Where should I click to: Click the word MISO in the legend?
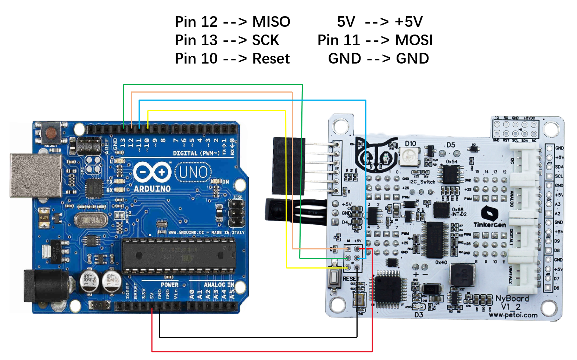tap(271, 22)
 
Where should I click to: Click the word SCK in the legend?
tap(265, 40)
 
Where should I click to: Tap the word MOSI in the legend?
tap(414, 40)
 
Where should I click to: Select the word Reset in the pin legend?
tap(271, 59)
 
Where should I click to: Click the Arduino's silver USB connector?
tap(36, 175)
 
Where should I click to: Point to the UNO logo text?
tap(193, 172)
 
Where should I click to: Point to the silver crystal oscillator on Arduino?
tap(90, 220)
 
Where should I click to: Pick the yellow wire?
tap(217, 110)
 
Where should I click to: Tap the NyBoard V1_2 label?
tap(512, 302)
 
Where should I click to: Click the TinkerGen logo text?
tap(490, 225)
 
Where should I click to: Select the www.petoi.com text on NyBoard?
tap(513, 315)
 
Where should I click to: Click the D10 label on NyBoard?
tap(411, 144)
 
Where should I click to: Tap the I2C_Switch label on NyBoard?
tap(422, 181)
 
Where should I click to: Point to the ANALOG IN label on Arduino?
tap(219, 285)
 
